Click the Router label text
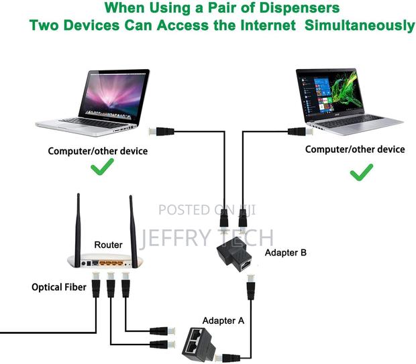(x=108, y=245)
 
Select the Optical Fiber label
(x=58, y=287)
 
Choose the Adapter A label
(x=224, y=320)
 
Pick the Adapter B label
(x=285, y=253)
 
